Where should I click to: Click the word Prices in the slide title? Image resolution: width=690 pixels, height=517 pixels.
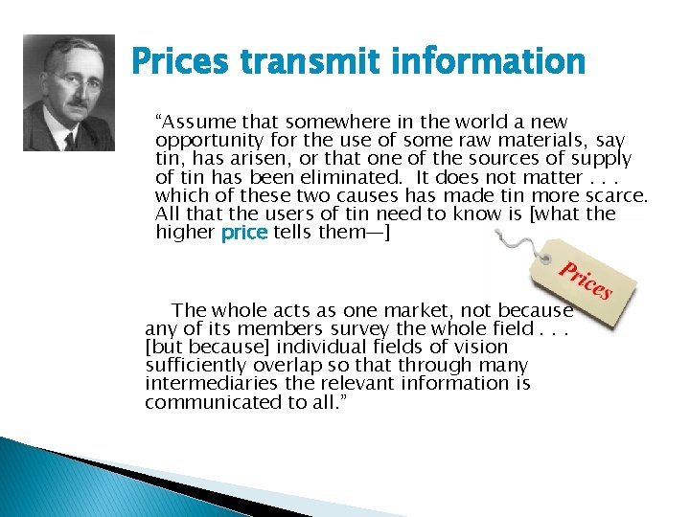tap(181, 63)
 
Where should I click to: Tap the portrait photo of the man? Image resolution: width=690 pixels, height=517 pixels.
tap(68, 93)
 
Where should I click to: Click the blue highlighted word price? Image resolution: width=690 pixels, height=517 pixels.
tap(244, 233)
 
